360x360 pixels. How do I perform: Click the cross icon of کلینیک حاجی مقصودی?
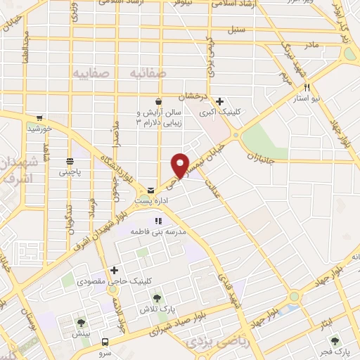pos(114,271)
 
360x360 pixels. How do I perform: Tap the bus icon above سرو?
pos(105,341)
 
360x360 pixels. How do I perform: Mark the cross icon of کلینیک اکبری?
pos(221,101)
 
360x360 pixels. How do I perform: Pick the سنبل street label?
pos(236,31)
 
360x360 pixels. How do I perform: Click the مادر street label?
pos(311,44)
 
